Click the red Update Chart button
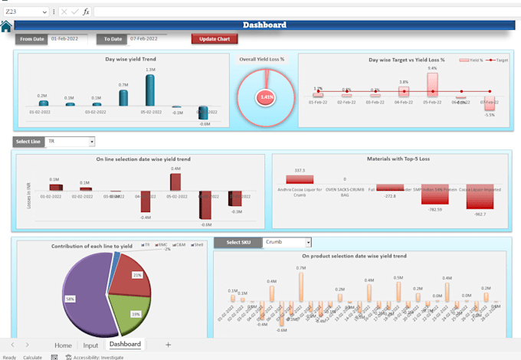pos(215,38)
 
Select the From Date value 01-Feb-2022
pos(65,38)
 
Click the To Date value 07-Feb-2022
pos(143,38)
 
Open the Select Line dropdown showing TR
pos(91,142)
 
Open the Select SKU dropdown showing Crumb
pos(307,242)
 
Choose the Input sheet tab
pos(90,345)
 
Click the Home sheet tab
pos(63,345)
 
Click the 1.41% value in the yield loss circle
pos(267,97)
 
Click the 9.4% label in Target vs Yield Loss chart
pos(432,68)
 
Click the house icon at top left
pos(6,27)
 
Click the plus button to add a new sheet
pos(168,345)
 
